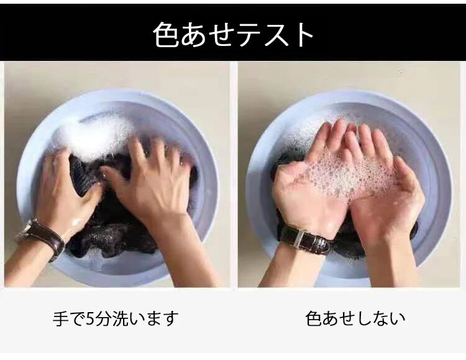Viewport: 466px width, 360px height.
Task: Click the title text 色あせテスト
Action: pos(234,35)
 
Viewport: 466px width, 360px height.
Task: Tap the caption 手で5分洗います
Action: pos(116,318)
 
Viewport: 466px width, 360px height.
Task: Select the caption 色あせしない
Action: pos(355,318)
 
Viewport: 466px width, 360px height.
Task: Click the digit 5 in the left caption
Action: pos(90,319)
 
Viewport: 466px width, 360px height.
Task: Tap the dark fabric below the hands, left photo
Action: pos(116,238)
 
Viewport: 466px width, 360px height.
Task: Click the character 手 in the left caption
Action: pos(61,318)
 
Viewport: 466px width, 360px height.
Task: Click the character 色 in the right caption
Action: pos(314,318)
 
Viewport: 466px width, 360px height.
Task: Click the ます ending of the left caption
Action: pos(163,318)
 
